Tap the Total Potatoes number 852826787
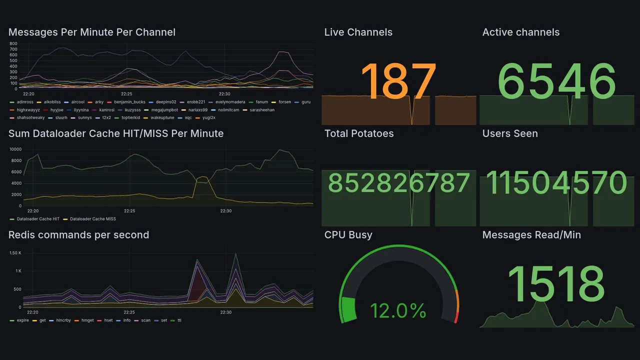point(398,183)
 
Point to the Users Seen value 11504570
point(556,183)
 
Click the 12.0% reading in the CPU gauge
point(398,311)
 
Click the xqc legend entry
point(188,117)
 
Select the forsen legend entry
point(284,102)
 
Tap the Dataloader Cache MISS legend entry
point(92,219)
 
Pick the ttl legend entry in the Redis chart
point(179,320)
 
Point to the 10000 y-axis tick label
point(15,149)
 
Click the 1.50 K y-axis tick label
point(15,253)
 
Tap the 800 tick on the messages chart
point(13,43)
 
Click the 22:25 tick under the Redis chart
point(129,312)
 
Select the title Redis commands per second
point(78,235)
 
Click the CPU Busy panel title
point(348,235)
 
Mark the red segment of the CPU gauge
point(455,317)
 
